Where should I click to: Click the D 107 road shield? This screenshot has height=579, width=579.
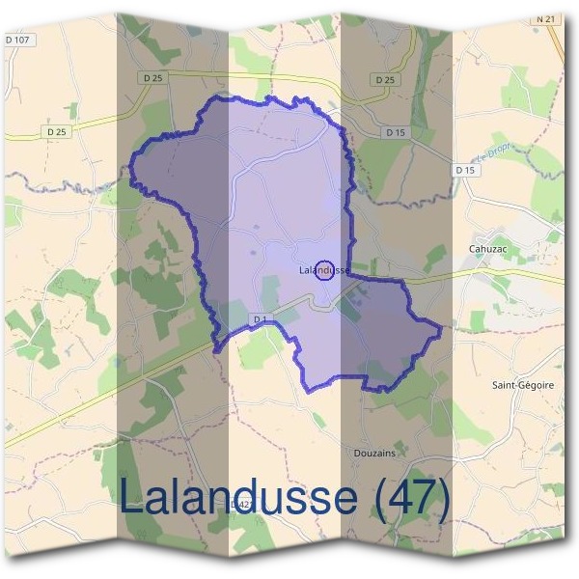coord(17,41)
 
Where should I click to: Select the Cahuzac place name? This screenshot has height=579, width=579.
coord(487,249)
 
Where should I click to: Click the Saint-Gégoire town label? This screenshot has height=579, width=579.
coord(523,384)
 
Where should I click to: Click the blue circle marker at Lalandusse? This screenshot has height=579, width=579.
coord(325,270)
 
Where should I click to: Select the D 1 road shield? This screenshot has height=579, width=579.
coord(259,318)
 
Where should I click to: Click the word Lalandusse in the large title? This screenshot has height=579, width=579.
coord(237,498)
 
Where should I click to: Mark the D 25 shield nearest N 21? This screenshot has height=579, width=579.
coord(386,79)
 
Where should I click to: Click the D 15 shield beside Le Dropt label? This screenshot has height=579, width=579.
coord(466,170)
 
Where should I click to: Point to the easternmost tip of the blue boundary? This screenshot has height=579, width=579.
coord(441,330)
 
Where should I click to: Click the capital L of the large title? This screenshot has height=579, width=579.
coord(130,498)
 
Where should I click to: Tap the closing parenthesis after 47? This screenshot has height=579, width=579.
coord(443,498)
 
